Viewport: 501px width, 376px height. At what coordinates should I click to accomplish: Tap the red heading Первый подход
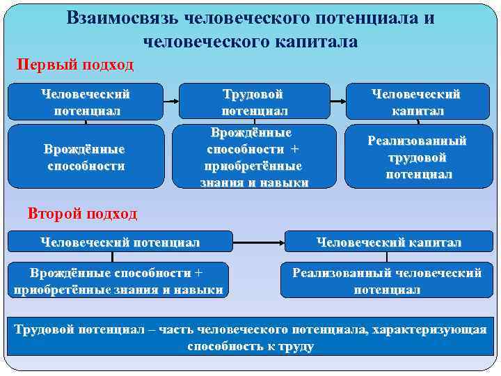[x=75, y=65]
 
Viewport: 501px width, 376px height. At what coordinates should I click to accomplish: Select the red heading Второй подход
[x=83, y=213]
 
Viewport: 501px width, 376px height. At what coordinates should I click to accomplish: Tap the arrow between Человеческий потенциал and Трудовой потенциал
[x=171, y=102]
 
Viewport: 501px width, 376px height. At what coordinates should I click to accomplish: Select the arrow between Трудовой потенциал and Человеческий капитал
[x=337, y=102]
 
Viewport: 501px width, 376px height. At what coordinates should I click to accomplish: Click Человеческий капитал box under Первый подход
[x=416, y=102]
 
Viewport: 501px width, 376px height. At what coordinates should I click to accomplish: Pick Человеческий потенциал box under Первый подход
[x=86, y=102]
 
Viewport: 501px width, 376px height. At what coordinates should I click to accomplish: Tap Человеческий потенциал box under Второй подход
[x=120, y=242]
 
